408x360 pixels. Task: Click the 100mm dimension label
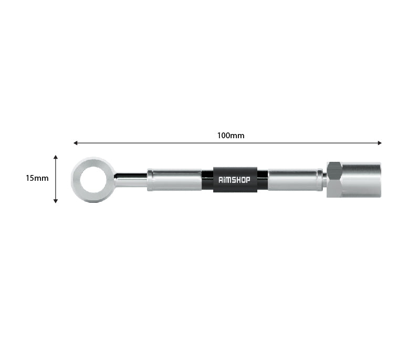231,135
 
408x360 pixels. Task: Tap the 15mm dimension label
37,178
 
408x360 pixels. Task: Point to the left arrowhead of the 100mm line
76,142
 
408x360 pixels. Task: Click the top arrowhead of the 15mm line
56,157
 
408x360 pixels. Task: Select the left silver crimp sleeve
176,180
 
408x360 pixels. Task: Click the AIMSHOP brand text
235,180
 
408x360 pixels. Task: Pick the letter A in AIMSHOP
221,180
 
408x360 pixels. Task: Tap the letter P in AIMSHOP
248,180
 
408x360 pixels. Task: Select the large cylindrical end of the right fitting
361,180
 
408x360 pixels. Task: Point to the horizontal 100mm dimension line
158,142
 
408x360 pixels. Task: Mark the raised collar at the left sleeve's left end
150,180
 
